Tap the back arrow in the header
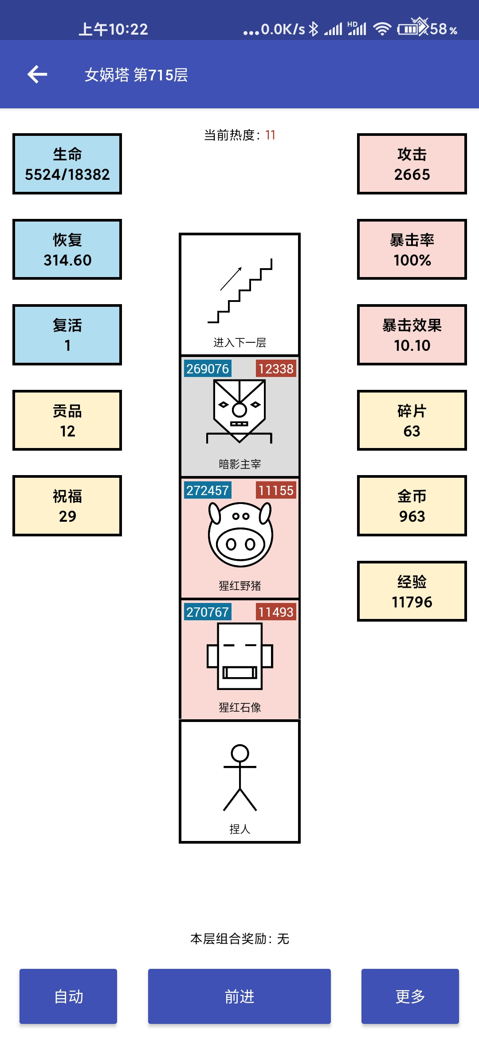37,74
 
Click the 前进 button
239,996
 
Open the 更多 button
410,996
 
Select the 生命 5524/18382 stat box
67,164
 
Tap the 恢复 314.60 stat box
67,250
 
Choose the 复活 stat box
67,335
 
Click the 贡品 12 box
67,420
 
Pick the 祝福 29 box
67,506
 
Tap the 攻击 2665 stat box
412,164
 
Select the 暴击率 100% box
412,250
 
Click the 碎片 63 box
412,420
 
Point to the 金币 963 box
412,506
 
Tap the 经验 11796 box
412,591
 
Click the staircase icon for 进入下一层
240,291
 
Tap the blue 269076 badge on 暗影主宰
208,369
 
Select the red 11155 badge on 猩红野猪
276,490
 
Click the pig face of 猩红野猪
240,534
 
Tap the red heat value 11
271,135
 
